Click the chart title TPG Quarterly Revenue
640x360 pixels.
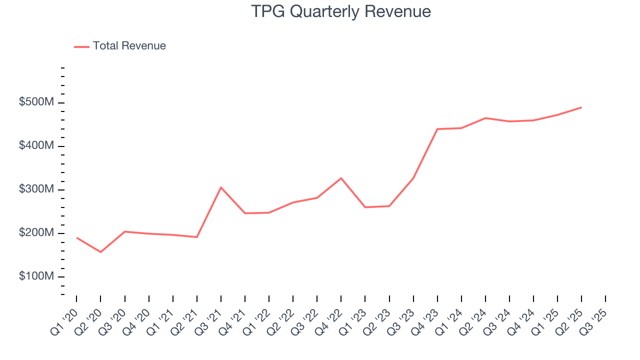point(341,11)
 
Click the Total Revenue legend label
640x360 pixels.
point(129,46)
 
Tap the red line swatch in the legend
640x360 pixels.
point(81,46)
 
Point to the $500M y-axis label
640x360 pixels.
point(36,102)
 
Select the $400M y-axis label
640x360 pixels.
point(36,146)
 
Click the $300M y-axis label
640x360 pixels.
point(36,189)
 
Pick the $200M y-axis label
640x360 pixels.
point(36,233)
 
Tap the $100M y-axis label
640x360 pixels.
point(36,276)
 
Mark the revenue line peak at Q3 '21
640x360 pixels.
point(221,187)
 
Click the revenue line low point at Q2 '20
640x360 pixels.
point(100,252)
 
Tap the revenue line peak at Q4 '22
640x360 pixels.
point(341,178)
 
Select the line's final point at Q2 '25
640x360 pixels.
point(581,107)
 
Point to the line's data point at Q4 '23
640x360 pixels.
point(437,129)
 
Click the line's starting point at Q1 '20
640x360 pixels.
point(76,237)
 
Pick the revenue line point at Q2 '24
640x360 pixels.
point(485,118)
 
